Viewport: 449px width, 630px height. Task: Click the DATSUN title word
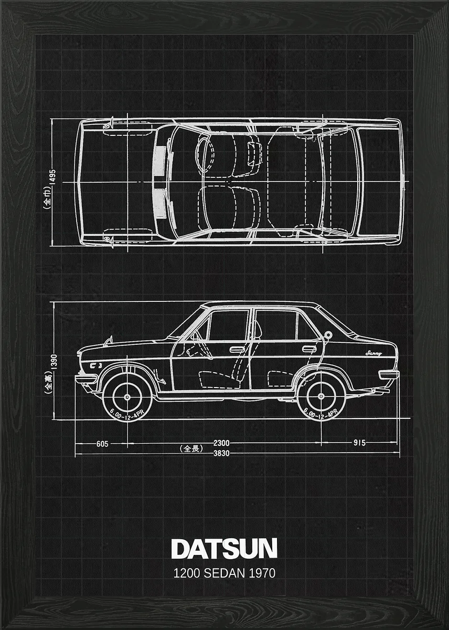coord(224,549)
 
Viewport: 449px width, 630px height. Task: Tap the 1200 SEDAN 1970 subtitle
coord(224,573)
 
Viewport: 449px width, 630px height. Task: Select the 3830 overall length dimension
coord(221,454)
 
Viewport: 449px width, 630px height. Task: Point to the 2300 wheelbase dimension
coord(221,443)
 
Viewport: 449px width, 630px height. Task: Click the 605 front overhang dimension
coord(102,444)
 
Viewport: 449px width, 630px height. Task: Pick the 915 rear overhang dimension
coord(359,443)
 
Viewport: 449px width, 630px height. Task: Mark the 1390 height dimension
coord(54,361)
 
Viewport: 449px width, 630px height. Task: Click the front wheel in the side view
coord(127,397)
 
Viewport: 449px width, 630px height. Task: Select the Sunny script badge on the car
coord(373,353)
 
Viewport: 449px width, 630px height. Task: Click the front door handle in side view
coord(237,349)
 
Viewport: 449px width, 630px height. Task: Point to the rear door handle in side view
coord(309,349)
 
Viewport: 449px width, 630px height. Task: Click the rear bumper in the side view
coord(389,374)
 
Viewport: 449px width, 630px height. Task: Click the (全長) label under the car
coord(191,448)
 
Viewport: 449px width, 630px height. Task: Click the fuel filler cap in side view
coord(328,334)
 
